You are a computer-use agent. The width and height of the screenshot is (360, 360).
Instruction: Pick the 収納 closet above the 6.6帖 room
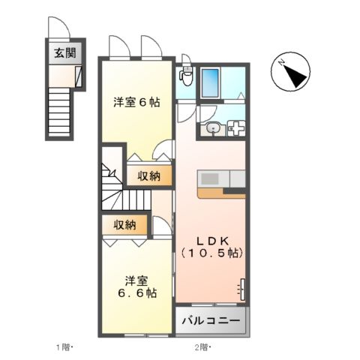pyautogui.click(x=125, y=225)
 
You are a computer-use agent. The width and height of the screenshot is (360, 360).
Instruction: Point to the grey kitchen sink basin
pyautogui.click(x=208, y=178)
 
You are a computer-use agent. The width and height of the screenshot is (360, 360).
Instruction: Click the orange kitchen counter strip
pyautogui.click(x=223, y=192)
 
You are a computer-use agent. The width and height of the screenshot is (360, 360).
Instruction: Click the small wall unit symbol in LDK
pyautogui.click(x=241, y=289)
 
